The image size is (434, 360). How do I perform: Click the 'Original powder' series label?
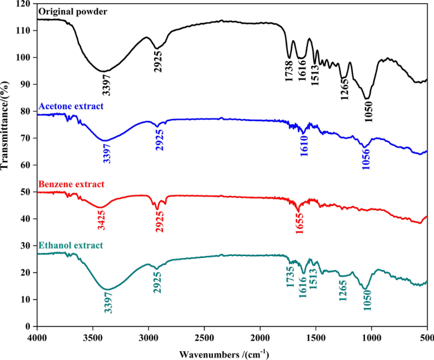[73, 12]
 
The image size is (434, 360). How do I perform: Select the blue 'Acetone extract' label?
[71, 106]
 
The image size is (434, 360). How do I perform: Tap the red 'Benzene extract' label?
[72, 184]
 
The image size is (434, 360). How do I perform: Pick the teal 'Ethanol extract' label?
[71, 245]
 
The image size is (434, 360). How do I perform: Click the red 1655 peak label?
[299, 224]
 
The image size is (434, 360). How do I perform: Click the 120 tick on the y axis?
[24, 4]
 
